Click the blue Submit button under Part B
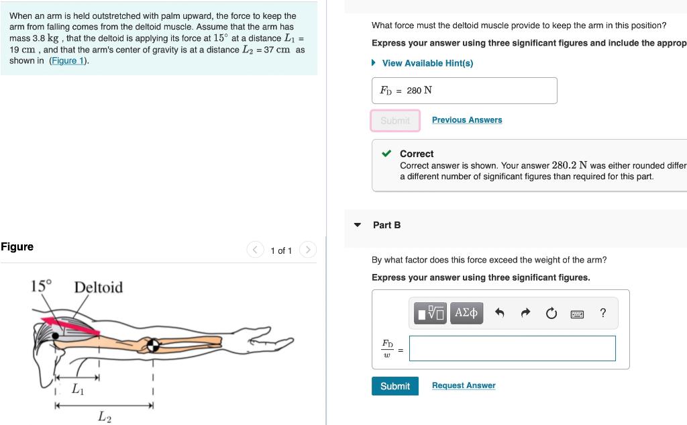[x=395, y=386]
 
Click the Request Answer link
[x=464, y=385]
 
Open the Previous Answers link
[x=467, y=120]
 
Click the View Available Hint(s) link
[x=427, y=63]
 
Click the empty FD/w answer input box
[x=512, y=348]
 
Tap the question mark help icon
[x=602, y=313]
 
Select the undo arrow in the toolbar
[x=499, y=313]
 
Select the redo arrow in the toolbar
[x=525, y=313]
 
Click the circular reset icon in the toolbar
[x=551, y=313]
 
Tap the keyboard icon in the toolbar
[x=577, y=314]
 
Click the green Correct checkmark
[x=387, y=154]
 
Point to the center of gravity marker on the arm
[x=154, y=344]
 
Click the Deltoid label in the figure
[x=99, y=287]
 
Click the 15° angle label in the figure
[x=42, y=285]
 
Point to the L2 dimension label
[x=104, y=417]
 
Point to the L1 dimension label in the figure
[x=78, y=389]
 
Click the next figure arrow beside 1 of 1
[x=307, y=250]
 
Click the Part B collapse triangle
[x=358, y=225]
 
